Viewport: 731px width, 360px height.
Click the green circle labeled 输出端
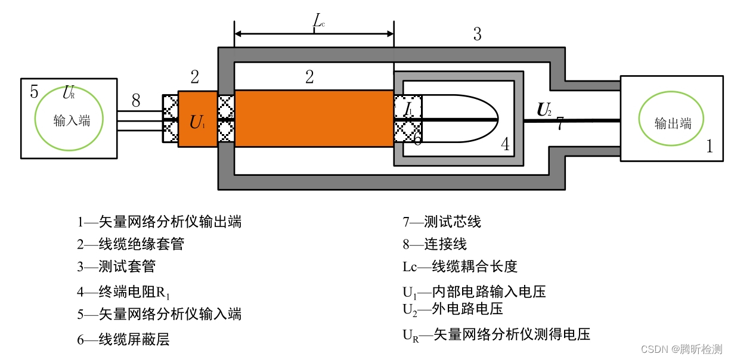[673, 123]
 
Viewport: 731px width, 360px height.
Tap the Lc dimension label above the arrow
[319, 21]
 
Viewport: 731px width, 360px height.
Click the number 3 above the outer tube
[477, 34]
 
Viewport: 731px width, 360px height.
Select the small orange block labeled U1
[197, 119]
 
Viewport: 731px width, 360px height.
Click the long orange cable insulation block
[314, 118]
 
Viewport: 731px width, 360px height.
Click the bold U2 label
[544, 109]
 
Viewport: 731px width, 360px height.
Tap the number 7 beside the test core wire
[560, 124]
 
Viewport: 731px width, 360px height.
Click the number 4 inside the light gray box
[504, 144]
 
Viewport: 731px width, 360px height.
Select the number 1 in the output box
[709, 146]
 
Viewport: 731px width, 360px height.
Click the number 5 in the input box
[34, 92]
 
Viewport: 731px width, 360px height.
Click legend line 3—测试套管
[116, 266]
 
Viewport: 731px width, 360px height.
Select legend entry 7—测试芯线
[441, 222]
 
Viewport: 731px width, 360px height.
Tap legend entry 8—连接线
[434, 244]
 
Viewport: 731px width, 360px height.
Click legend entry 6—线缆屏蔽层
[123, 340]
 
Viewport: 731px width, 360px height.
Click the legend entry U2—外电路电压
[453, 309]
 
